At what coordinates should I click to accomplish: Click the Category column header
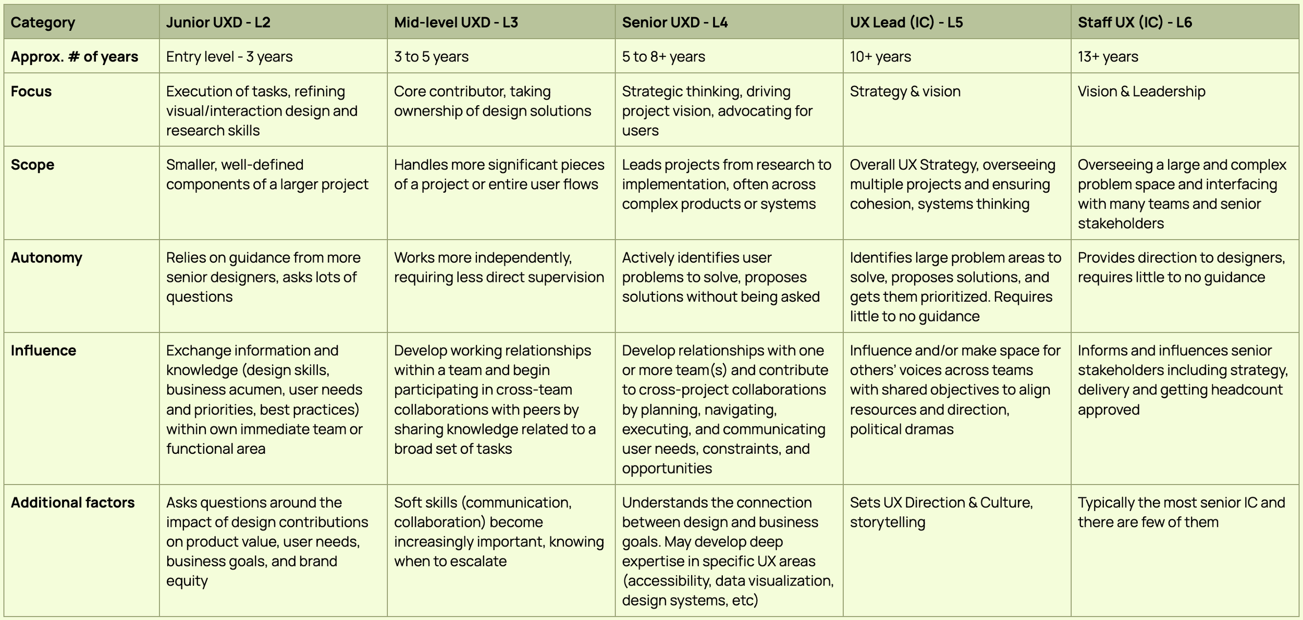point(43,22)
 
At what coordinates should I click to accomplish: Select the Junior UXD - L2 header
point(218,22)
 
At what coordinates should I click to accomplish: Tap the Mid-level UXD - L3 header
point(456,22)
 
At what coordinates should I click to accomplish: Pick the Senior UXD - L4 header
point(674,22)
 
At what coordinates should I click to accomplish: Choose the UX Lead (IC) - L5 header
point(906,22)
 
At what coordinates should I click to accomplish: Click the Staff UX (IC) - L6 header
point(1135,22)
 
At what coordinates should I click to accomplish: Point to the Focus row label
point(31,91)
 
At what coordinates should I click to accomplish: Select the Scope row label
point(32,165)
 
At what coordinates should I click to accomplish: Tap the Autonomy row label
point(46,257)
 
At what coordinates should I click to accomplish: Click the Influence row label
point(43,350)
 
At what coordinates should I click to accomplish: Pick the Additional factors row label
point(72,502)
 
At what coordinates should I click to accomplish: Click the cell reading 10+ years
point(880,56)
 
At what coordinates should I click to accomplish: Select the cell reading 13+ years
point(1108,56)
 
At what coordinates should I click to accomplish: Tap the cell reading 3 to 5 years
point(431,56)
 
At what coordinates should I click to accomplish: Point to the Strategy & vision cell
point(905,91)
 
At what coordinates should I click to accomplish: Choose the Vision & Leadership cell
point(1141,91)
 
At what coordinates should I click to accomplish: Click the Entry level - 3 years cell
point(229,56)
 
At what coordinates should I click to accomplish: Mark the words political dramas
point(901,429)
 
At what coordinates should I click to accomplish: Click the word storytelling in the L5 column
point(887,522)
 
